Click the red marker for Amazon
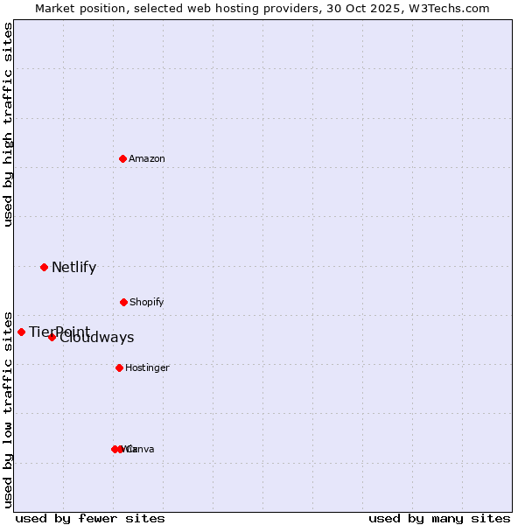pyautogui.click(x=122, y=158)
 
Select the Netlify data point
pyautogui.click(x=44, y=267)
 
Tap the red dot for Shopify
pyautogui.click(x=123, y=302)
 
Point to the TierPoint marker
pyautogui.click(x=21, y=332)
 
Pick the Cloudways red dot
pyautogui.click(x=52, y=337)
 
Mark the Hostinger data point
pyautogui.click(x=119, y=367)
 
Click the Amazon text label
pyautogui.click(x=147, y=158)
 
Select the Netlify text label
pyautogui.click(x=73, y=268)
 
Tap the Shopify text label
pyautogui.click(x=147, y=302)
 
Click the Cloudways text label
pyautogui.click(x=98, y=338)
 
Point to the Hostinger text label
pyautogui.click(x=147, y=367)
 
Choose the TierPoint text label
pyautogui.click(x=59, y=332)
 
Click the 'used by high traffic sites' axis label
pyautogui.click(x=8, y=124)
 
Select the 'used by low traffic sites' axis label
pyautogui.click(x=8, y=409)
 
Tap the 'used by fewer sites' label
pyautogui.click(x=90, y=518)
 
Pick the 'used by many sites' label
pyautogui.click(x=439, y=518)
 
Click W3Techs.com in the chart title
pyautogui.click(x=451, y=8)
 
